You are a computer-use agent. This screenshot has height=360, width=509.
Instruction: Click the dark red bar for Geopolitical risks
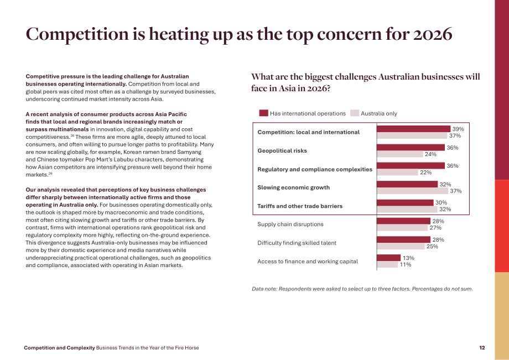pos(411,148)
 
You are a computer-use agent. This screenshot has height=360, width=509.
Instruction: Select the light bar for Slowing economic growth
pos(413,191)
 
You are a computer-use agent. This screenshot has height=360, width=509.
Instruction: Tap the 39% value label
pos(458,129)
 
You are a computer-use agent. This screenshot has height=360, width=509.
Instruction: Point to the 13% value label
pos(408,258)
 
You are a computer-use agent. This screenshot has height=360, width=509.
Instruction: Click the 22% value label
pos(425,172)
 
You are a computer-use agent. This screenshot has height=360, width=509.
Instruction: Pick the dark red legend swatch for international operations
pos(263,113)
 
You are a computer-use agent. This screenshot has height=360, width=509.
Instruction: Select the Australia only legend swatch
pos(355,113)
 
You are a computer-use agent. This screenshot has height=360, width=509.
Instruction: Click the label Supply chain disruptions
pos(290,224)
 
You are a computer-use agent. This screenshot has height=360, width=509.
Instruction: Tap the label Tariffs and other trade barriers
pos(300,206)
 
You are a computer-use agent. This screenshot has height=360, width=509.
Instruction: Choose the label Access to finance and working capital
pos(308,262)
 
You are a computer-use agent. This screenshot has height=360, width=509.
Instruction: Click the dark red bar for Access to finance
pos(388,258)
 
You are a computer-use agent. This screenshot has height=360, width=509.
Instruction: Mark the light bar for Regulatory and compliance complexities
pos(397,172)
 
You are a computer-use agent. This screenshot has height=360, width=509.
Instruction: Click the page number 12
pos(482,348)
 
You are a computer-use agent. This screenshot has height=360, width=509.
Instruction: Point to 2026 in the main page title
pos(433,34)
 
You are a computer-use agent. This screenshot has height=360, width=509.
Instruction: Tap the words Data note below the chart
pos(264,289)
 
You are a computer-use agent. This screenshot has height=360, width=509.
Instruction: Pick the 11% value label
pos(406,265)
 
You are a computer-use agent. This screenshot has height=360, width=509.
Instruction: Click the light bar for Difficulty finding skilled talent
pos(401,247)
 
